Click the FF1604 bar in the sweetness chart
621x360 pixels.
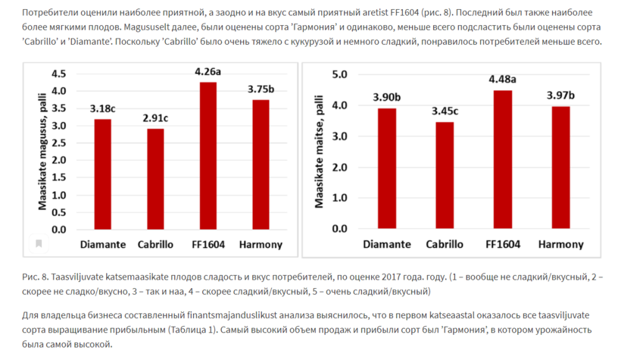(x=208, y=156)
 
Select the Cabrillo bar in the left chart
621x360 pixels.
(x=155, y=179)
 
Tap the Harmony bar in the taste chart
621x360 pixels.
(x=561, y=167)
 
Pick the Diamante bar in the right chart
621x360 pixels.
(x=386, y=168)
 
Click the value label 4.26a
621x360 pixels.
(x=208, y=72)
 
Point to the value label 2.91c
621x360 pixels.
(x=155, y=118)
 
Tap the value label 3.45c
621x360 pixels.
(x=445, y=111)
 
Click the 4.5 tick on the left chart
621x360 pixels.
(x=58, y=74)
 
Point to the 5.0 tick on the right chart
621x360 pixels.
(x=339, y=75)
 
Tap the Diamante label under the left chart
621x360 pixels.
(x=103, y=245)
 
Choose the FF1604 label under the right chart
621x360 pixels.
(x=503, y=245)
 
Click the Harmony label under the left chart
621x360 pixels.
(x=261, y=245)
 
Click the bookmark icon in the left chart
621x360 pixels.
(x=37, y=244)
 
